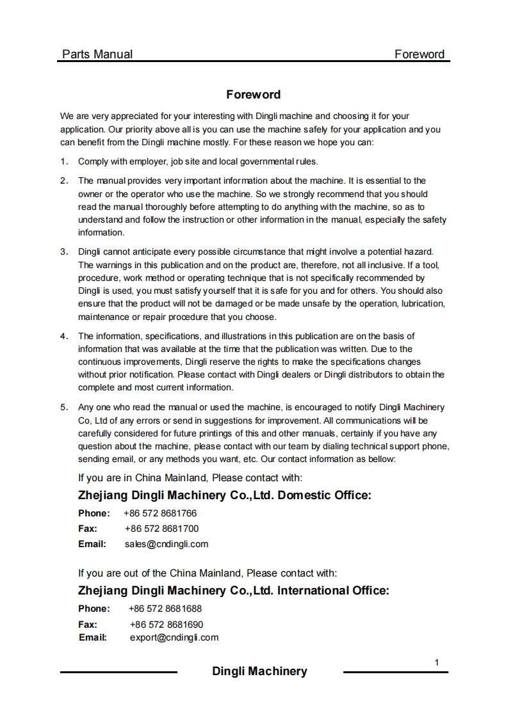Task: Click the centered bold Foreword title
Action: [253, 95]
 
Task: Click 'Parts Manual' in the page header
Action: [97, 54]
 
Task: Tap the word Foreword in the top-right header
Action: [420, 54]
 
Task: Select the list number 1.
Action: [64, 161]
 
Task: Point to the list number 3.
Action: [64, 251]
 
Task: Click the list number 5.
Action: [64, 407]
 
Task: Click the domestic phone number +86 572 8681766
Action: [160, 513]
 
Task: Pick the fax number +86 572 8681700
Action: [161, 529]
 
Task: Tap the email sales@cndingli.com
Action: [167, 544]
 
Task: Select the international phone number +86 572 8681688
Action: [165, 609]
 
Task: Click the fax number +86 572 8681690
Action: [167, 624]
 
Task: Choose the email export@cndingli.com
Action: [174, 637]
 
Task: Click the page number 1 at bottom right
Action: [437, 662]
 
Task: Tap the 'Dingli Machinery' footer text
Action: [259, 671]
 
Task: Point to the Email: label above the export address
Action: [92, 637]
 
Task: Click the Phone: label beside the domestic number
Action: [94, 513]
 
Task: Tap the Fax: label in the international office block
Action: [88, 624]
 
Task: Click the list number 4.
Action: [64, 336]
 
